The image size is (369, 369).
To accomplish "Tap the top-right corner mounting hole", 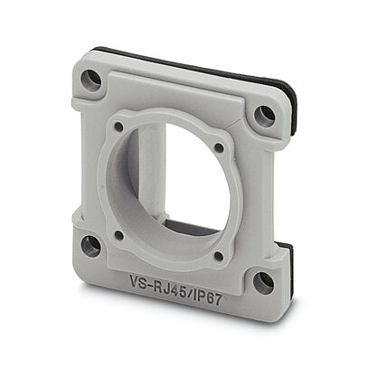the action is coord(264,117).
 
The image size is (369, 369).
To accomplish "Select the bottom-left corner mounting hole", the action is coord(91,246).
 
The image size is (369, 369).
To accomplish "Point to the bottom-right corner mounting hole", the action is coord(263,283).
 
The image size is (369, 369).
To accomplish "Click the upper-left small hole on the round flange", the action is coord(119,127).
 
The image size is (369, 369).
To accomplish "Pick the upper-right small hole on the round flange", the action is coord(219,147).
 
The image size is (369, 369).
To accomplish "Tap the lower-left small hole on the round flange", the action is coord(119,235).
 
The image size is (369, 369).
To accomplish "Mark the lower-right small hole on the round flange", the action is coord(219,256).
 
